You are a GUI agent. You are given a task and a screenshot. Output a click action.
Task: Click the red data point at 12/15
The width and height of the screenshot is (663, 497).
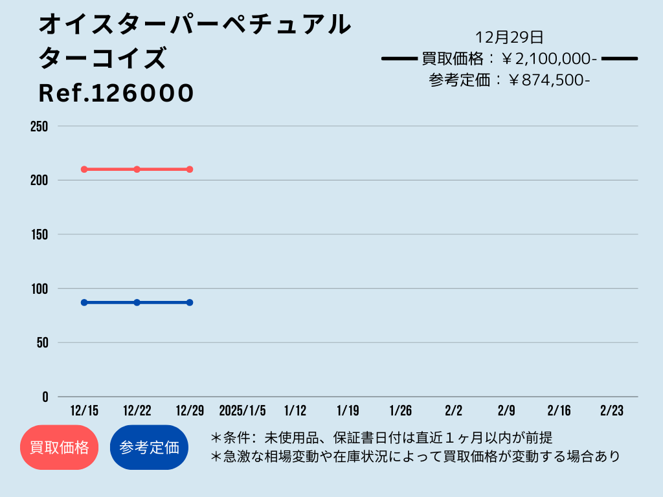point(84,170)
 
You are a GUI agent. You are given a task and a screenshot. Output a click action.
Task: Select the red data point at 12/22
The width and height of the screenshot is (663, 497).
point(137,170)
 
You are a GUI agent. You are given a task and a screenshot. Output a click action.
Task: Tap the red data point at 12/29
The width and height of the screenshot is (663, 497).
point(190,170)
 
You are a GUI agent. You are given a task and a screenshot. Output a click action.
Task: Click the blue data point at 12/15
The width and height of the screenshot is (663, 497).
point(84,303)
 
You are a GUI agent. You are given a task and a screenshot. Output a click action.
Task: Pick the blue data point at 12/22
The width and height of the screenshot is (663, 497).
point(137,303)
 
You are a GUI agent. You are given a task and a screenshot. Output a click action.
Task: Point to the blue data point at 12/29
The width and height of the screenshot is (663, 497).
point(190,303)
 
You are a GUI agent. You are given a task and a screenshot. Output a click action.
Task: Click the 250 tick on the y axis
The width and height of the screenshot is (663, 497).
point(39,126)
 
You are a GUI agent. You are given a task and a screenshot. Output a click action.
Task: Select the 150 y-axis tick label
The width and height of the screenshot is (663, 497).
point(39,234)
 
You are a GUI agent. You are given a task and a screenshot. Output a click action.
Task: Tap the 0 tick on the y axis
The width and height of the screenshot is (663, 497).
point(45,397)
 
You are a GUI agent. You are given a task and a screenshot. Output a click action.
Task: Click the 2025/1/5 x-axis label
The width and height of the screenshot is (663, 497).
point(242,410)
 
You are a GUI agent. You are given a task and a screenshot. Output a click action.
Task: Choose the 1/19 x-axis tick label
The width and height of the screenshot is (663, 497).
point(348,410)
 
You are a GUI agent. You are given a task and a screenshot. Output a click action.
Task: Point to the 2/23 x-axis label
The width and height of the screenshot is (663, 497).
point(612,410)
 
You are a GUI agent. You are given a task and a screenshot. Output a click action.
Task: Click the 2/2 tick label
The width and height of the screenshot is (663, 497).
point(454,410)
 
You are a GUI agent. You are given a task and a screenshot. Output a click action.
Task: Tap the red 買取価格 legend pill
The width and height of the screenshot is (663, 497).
point(59,447)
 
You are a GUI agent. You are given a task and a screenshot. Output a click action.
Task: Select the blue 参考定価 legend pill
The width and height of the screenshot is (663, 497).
point(149,447)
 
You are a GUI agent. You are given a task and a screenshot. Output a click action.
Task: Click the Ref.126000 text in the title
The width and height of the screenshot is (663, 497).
point(117,93)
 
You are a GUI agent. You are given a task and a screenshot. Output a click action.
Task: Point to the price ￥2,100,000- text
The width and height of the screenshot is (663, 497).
point(549,59)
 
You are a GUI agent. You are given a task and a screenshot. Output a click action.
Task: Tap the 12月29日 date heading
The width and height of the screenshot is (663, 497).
point(509,37)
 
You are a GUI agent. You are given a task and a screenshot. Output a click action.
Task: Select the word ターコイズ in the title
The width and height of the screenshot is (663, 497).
point(103,58)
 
